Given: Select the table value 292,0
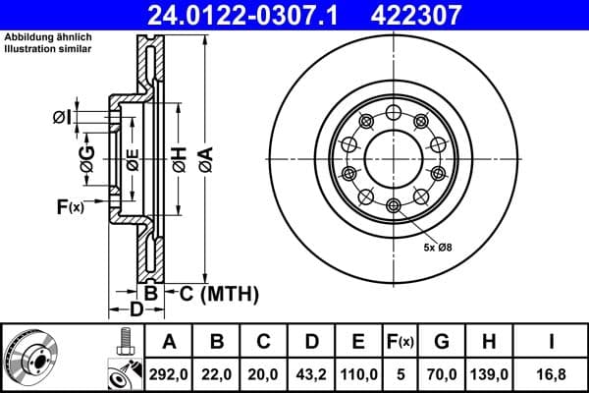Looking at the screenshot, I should tap(169, 374).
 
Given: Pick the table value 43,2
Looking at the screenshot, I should tap(311, 374).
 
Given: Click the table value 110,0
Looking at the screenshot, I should tap(358, 374).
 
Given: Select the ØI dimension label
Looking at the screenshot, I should tap(62, 118).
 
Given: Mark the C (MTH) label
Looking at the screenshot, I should tap(218, 293).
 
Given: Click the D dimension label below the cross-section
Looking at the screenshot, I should tap(137, 310).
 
